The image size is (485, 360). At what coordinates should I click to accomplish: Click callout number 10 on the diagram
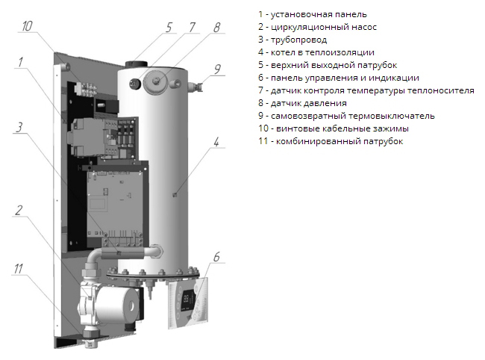tap(28, 26)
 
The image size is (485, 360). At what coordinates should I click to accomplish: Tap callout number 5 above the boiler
tap(169, 28)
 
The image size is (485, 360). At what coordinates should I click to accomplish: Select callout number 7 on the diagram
tap(192, 28)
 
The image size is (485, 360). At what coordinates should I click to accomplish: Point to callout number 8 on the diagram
tap(216, 28)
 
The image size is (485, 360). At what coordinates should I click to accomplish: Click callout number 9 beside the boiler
tap(217, 69)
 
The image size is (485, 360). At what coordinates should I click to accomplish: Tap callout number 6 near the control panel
tap(217, 258)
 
